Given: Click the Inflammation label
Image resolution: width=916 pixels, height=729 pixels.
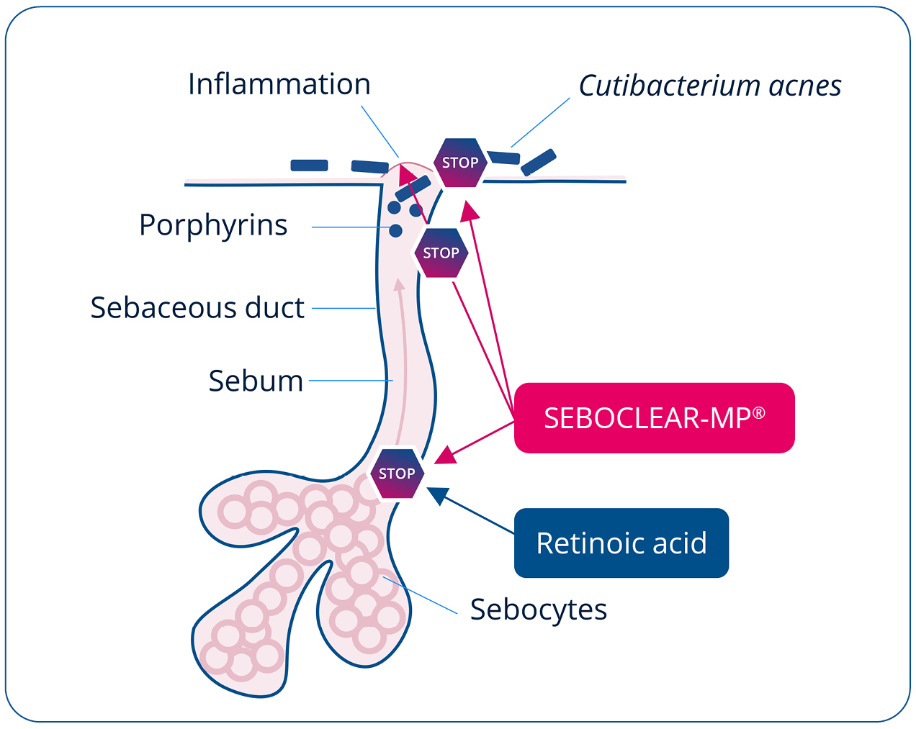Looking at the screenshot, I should coord(279,85).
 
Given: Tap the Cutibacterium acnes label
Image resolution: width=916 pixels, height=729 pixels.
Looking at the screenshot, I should coord(710,86).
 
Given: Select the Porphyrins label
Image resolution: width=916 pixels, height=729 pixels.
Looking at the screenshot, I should coord(213,225).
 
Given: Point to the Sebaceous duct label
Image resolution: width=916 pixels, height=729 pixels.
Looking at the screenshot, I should coord(197,308).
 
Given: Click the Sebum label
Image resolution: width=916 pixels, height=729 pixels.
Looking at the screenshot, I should coord(256,381).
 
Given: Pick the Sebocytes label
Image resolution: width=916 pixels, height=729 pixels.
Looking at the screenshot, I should coord(539,610).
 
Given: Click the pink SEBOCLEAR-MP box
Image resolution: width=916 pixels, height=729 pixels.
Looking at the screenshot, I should coord(654,418).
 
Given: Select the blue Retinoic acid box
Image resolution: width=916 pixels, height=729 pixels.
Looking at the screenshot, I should coord(621,543).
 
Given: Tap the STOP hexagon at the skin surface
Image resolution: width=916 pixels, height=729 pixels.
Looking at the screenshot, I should coord(459,163).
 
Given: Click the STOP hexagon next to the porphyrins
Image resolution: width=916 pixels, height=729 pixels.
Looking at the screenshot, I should coord(441,253).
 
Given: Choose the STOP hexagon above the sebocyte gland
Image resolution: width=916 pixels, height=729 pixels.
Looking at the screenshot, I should coord(397,474).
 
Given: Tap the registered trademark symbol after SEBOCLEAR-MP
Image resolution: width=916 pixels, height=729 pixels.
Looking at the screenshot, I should coord(759,413).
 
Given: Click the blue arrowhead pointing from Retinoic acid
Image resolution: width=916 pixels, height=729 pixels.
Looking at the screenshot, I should coord(436,494).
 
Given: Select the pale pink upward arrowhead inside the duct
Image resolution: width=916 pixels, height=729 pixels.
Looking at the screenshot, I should coord(399,284).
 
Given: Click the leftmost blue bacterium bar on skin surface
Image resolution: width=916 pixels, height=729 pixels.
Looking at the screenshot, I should coord(309,166).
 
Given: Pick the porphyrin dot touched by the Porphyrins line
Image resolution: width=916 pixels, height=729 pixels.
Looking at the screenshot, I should coord(395,230).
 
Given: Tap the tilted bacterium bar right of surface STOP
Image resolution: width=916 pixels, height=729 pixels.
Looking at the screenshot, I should coord(538,163).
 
